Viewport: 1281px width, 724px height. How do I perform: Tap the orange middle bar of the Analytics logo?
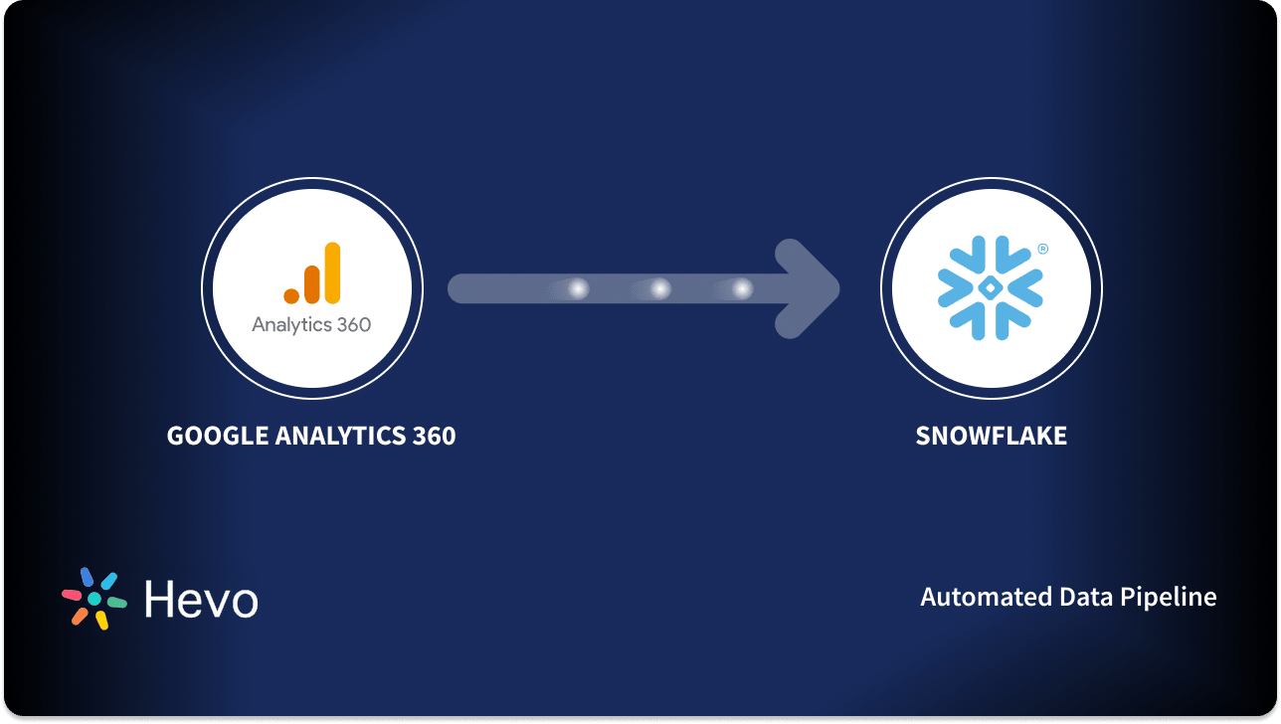[x=312, y=282]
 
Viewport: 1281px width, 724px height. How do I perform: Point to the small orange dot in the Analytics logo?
[x=291, y=295]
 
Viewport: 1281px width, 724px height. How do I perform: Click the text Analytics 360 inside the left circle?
[x=311, y=325]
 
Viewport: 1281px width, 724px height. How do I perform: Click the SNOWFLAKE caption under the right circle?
[x=991, y=436]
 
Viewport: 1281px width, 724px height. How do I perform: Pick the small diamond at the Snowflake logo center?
[x=991, y=288]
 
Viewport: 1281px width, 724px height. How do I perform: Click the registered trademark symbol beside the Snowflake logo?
[x=1042, y=250]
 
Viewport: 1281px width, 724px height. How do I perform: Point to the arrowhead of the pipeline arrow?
[x=811, y=288]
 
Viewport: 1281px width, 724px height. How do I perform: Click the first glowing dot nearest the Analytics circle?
[x=578, y=288]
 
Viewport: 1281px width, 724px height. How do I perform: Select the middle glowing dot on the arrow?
[x=659, y=288]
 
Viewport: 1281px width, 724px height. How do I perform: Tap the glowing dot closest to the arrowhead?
[x=742, y=288]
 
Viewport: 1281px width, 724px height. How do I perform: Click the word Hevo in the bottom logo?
[x=201, y=599]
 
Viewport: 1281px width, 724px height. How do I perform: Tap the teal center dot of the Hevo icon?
[x=94, y=599]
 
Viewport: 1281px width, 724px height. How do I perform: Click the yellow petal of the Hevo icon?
[x=101, y=620]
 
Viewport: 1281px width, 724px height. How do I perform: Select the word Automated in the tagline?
[x=973, y=597]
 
